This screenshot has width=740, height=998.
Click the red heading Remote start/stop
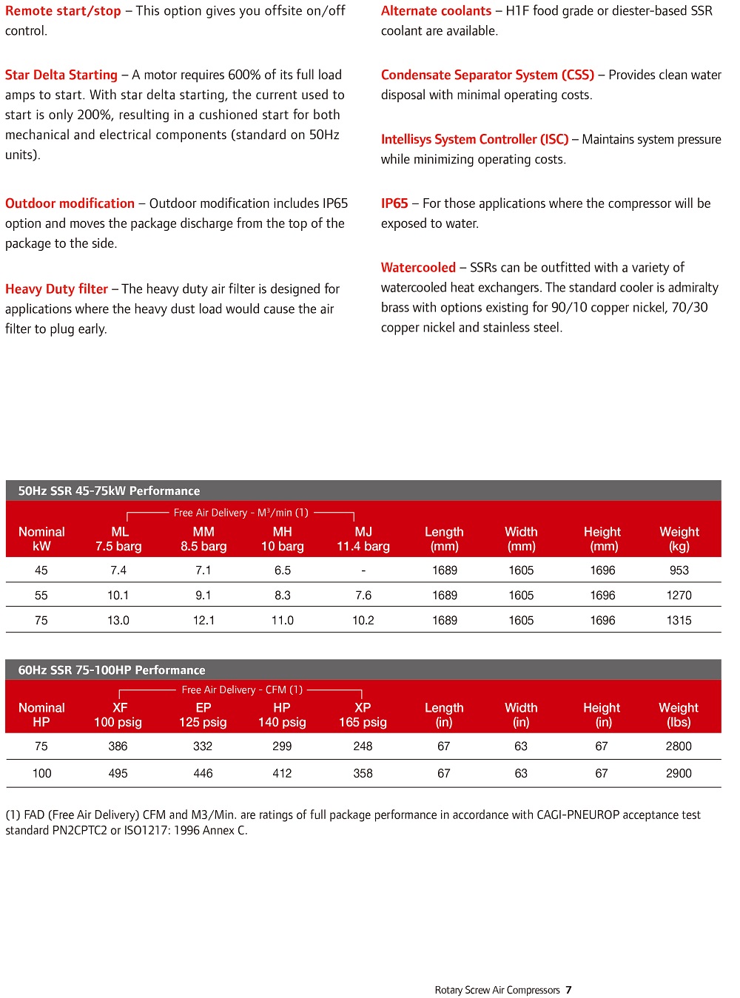63,11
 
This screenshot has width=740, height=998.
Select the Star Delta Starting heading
61,75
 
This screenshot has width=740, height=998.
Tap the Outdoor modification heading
70,203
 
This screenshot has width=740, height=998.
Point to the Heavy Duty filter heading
57,289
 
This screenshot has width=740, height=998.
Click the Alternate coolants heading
436,11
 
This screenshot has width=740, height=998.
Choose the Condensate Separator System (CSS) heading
488,75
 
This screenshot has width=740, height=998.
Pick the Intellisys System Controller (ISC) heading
474,139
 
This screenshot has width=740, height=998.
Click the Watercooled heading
418,268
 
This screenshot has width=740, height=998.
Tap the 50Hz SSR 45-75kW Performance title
109,491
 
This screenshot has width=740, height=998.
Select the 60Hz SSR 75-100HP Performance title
112,670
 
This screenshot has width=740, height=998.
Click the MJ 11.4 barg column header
363,539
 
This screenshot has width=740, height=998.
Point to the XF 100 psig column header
118,715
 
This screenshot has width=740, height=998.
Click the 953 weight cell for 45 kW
679,570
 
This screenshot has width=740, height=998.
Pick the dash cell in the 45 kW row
363,570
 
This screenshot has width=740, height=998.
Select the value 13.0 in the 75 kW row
118,621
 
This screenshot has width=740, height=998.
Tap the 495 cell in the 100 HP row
118,773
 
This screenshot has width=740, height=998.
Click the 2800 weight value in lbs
679,746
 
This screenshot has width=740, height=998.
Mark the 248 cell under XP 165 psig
363,746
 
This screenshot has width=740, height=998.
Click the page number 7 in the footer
568,990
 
